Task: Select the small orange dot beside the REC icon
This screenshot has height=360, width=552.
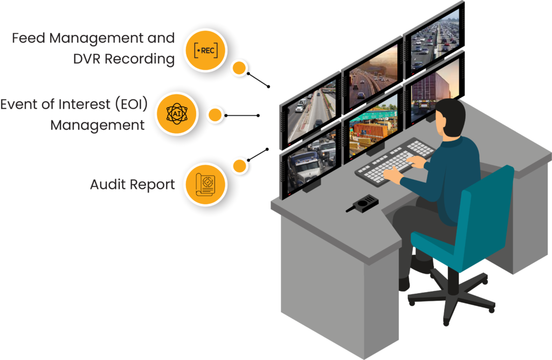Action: pyautogui.click(x=239, y=68)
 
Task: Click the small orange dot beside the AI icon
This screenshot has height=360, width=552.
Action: pyautogui.click(x=216, y=115)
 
